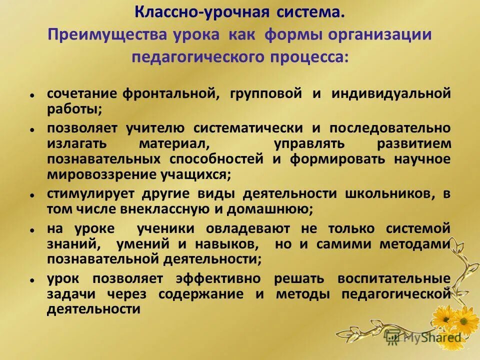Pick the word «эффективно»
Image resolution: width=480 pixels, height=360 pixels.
218,278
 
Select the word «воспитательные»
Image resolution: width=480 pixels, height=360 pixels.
394,278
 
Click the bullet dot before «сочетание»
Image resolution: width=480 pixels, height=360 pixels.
31,94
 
